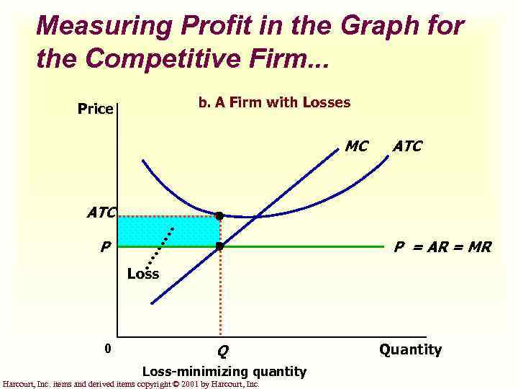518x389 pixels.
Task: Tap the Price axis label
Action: [x=96, y=109]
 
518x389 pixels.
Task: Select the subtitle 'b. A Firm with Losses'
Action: [x=274, y=102]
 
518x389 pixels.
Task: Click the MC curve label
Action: [x=357, y=146]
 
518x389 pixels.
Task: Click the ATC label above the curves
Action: [x=407, y=146]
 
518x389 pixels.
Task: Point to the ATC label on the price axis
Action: [x=101, y=213]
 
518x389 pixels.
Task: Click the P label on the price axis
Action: [x=105, y=247]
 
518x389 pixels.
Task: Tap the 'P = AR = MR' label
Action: [x=442, y=247]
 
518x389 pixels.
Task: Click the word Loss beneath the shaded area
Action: [x=142, y=274]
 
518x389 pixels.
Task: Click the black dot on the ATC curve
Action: [x=219, y=215]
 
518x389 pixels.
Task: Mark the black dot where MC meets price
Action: [x=219, y=246]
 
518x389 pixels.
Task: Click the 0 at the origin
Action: [x=107, y=349]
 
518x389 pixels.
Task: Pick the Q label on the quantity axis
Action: [x=223, y=352]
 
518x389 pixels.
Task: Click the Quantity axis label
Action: [x=410, y=350]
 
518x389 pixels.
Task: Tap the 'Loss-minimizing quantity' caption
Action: [x=224, y=372]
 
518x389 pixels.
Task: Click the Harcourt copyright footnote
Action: [x=131, y=384]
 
